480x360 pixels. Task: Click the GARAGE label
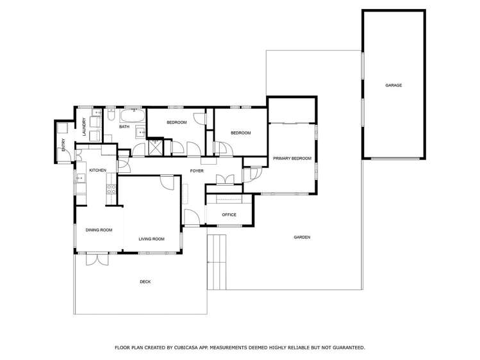[x=393, y=85]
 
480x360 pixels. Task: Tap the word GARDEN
[x=302, y=237]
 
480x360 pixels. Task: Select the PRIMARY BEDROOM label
[x=292, y=158]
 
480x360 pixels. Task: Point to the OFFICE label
[x=229, y=215]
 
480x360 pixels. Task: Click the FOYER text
[x=197, y=171]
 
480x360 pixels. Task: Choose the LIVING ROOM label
[x=151, y=239]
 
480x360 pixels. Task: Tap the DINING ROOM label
[x=99, y=230]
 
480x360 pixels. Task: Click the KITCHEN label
[x=97, y=170]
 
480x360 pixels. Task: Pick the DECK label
[x=145, y=281]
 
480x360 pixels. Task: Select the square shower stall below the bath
[x=156, y=147]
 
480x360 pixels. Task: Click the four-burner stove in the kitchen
[x=111, y=188]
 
